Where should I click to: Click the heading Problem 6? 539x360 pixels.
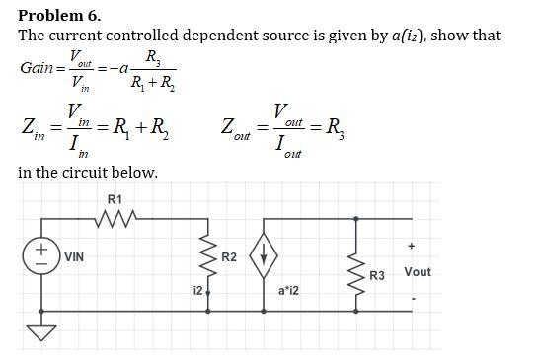[59, 15]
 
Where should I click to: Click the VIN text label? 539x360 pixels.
[74, 256]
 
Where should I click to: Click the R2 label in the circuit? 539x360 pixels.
[229, 257]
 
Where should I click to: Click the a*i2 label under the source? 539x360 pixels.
[289, 292]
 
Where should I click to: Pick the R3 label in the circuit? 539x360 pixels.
[376, 276]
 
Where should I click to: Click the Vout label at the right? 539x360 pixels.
[418, 271]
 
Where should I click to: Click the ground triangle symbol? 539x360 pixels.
[42, 334]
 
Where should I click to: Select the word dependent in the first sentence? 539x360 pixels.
[238, 36]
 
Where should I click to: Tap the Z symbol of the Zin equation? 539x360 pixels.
[29, 127]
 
